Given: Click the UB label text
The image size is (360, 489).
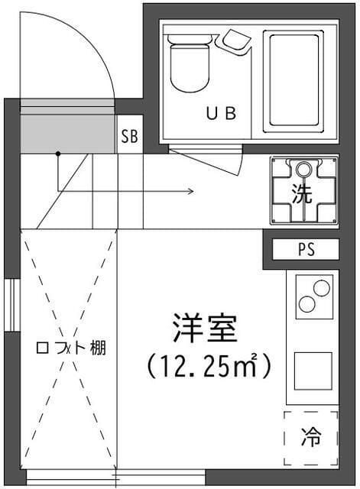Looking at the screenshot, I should click(x=221, y=113).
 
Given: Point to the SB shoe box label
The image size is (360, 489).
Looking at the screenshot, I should click(x=129, y=138).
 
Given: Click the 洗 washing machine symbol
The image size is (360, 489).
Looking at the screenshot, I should click(x=303, y=191).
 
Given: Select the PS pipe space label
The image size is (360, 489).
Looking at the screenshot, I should click(x=305, y=250).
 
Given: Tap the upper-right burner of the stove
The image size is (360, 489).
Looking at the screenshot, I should click(x=322, y=289).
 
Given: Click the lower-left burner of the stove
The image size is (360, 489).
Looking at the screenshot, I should click(x=308, y=303).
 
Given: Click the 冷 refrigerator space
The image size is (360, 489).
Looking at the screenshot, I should click(x=311, y=439).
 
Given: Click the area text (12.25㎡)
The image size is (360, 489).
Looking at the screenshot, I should click(x=209, y=367).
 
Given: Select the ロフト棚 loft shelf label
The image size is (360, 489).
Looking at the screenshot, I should click(x=71, y=348).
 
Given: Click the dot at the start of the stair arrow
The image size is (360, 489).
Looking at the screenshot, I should click(x=57, y=154).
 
